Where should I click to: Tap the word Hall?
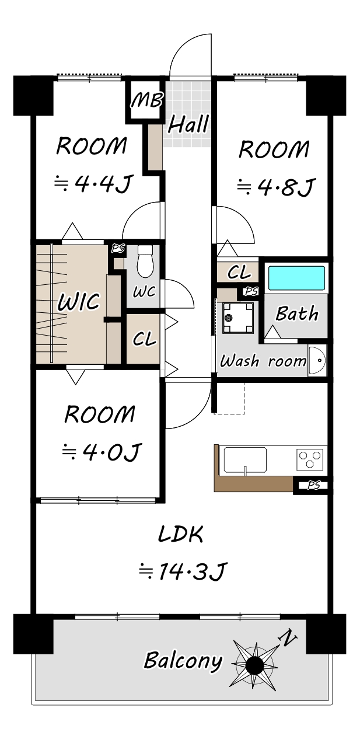pyautogui.click(x=188, y=124)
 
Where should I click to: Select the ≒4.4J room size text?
pyautogui.click(x=94, y=183)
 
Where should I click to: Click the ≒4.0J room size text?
pyautogui.click(x=102, y=452)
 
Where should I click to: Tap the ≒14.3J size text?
pyautogui.click(x=183, y=571)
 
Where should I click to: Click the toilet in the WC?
pyautogui.click(x=145, y=261)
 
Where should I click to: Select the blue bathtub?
pyautogui.click(x=297, y=278)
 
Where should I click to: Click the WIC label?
pyautogui.click(x=79, y=301)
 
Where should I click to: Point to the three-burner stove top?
pyautogui.click(x=310, y=459)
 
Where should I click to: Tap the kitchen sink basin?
pyautogui.click(x=245, y=460)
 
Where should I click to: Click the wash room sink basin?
pyautogui.click(x=317, y=360)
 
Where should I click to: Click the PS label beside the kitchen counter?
pyautogui.click(x=313, y=485)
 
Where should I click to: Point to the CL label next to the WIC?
pyautogui.click(x=144, y=339)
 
